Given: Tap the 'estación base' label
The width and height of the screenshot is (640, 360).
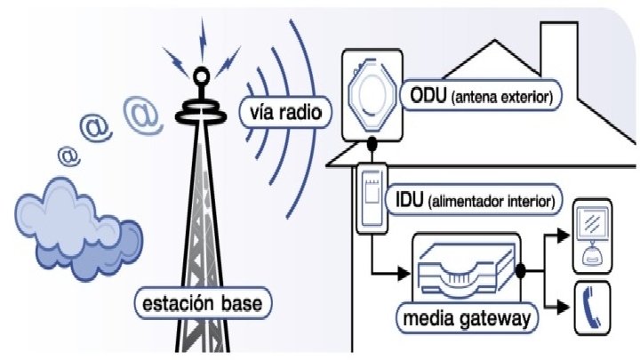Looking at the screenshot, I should pyautogui.click(x=202, y=304).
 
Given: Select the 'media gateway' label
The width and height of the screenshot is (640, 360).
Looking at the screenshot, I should pyautogui.click(x=469, y=318).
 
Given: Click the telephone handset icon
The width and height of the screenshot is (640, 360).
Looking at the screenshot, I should pyautogui.click(x=591, y=306).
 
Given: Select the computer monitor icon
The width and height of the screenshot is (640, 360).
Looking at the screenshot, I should pyautogui.click(x=590, y=230).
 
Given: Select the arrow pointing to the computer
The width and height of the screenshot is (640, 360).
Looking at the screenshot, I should pyautogui.click(x=560, y=236).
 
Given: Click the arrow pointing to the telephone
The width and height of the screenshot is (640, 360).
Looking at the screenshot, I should pyautogui.click(x=560, y=308).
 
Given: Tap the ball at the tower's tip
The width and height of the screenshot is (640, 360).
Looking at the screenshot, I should pyautogui.click(x=203, y=76).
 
